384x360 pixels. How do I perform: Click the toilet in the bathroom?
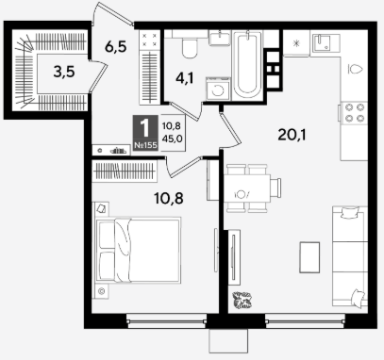[190, 46]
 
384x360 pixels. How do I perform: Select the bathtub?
[247, 65]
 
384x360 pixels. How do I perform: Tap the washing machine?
[218, 90]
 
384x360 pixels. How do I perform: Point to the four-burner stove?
[355, 112]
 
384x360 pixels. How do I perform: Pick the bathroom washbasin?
[220, 39]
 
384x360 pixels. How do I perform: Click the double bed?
[138, 250]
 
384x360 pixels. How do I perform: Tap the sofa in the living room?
[350, 256]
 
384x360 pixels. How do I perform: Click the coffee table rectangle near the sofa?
[309, 257]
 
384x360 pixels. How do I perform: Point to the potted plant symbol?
[242, 300]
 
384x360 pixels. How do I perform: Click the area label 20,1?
[292, 135]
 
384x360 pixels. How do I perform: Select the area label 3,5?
[64, 72]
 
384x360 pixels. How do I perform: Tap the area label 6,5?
[116, 47]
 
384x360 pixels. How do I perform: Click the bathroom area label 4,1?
[185, 78]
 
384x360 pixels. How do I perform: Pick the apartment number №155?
[145, 145]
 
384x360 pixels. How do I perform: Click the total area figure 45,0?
[173, 139]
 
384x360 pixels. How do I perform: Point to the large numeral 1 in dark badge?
[145, 128]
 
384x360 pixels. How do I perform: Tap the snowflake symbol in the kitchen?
[296, 43]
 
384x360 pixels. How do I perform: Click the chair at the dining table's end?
[276, 188]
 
